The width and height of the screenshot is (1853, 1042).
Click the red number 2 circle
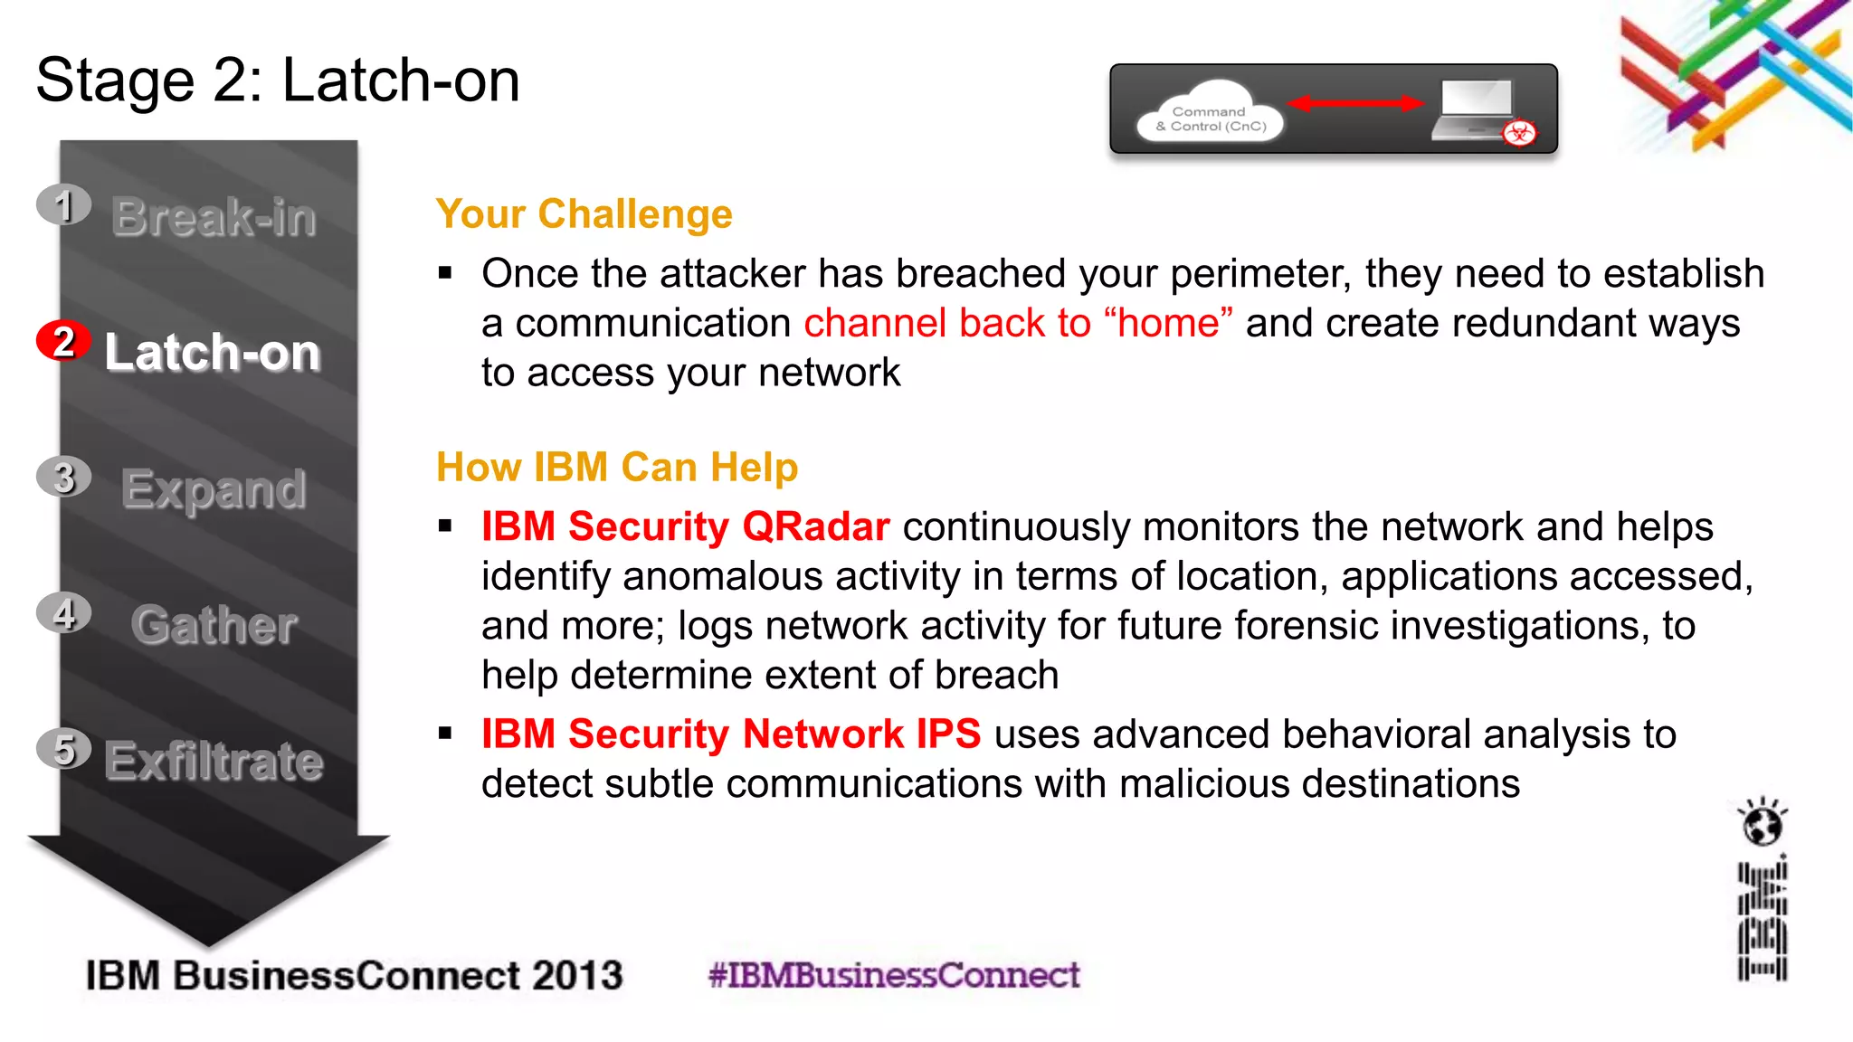(x=62, y=341)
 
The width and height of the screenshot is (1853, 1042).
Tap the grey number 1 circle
(x=63, y=205)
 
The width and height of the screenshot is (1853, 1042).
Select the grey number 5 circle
(x=63, y=749)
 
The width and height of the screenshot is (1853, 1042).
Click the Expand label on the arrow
(x=214, y=489)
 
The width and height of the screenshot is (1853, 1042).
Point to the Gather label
(x=214, y=625)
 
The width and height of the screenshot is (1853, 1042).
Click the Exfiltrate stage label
(x=214, y=761)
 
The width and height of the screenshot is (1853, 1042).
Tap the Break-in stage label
(x=214, y=217)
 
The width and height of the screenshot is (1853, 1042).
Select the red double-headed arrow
(x=1355, y=103)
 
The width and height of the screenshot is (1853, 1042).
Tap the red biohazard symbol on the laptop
(x=1519, y=134)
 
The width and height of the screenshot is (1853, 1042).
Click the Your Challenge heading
(x=584, y=214)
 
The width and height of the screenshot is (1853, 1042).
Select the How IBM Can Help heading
(x=617, y=468)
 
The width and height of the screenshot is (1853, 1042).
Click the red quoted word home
(x=1168, y=323)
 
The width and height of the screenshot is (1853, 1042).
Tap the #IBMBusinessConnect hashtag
(x=894, y=975)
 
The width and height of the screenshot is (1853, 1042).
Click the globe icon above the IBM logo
(x=1762, y=824)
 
